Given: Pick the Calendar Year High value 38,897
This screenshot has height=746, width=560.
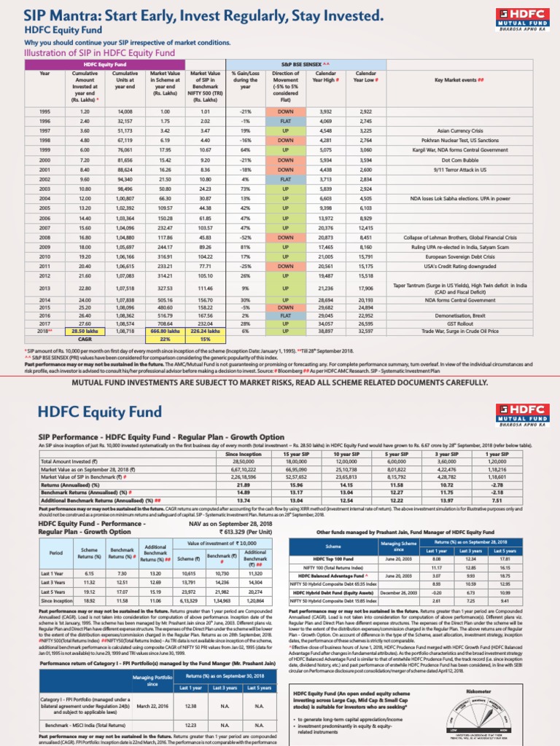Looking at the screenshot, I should (x=325, y=331).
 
